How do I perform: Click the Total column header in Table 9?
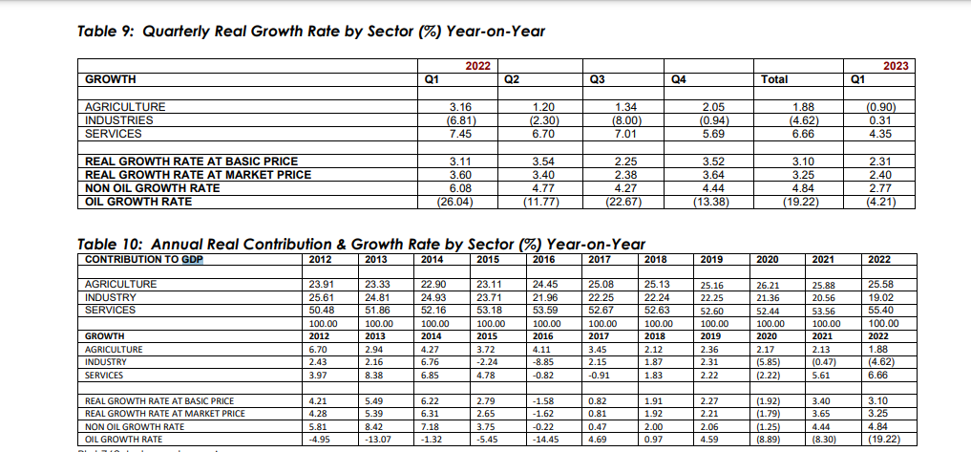774,79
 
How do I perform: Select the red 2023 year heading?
896,66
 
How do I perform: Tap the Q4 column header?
680,79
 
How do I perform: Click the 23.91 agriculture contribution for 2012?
322,284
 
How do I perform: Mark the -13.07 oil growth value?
378,440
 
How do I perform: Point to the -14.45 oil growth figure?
543,440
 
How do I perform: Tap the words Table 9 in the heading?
101,31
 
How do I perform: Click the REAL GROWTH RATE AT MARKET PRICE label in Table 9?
199,175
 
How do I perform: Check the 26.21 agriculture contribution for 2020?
769,285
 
